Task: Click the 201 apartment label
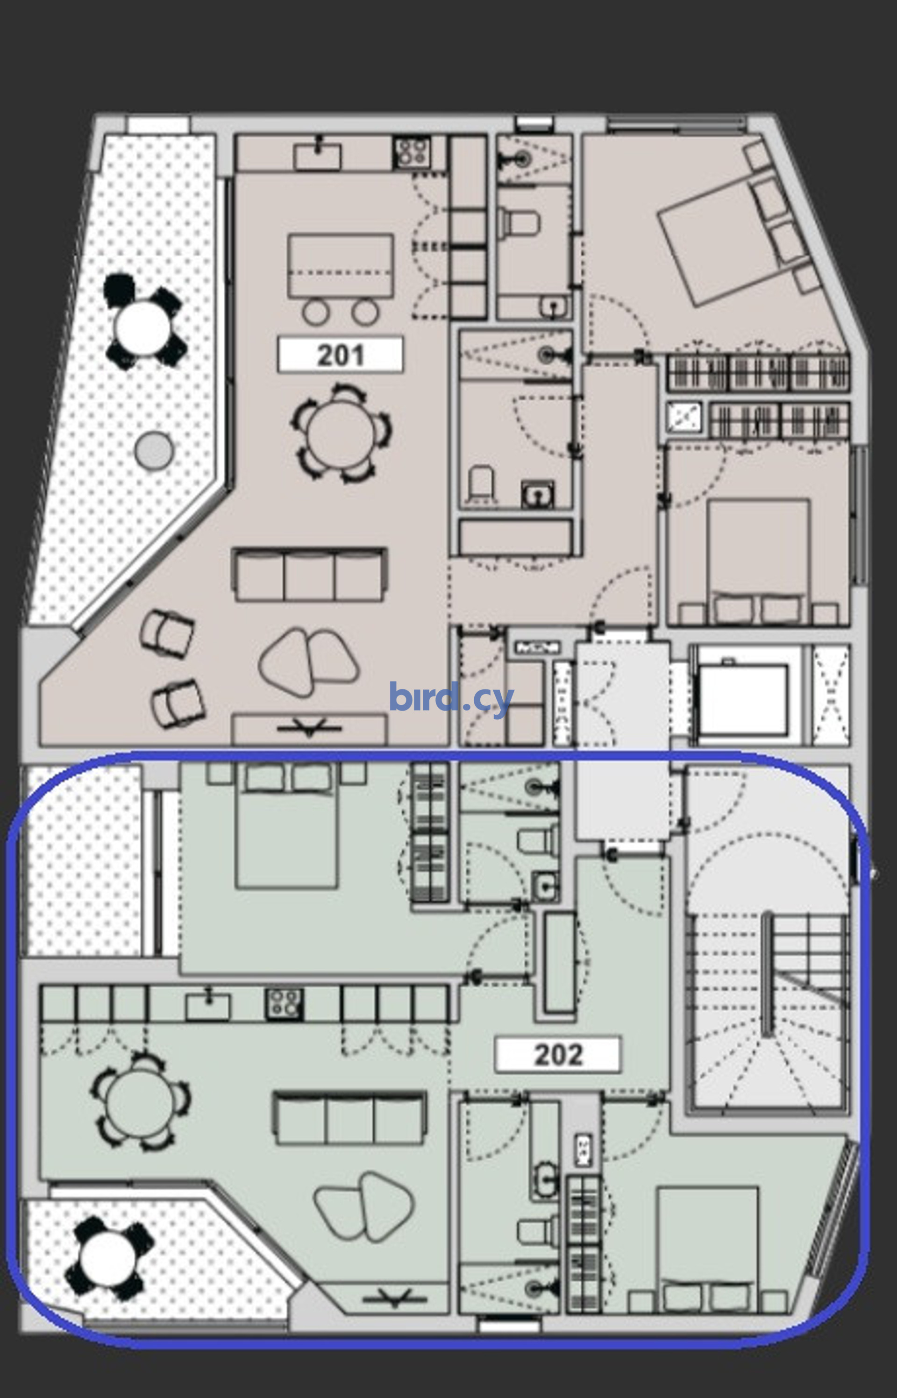(340, 355)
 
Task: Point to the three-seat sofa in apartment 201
(309, 575)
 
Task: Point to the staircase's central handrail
(767, 973)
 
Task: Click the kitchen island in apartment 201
(341, 265)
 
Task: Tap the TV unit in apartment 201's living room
(309, 730)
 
